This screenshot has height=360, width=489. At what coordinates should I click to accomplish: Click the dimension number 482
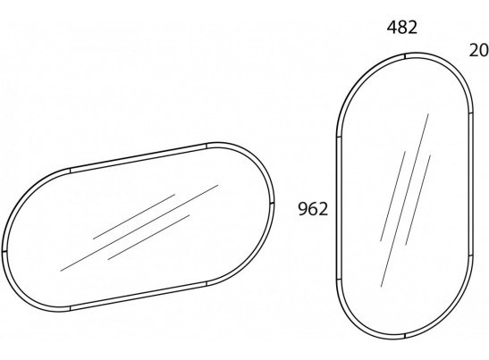click(402, 28)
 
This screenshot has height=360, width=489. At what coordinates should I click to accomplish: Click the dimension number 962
click(313, 209)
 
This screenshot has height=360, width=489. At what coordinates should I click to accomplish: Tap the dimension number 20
click(479, 50)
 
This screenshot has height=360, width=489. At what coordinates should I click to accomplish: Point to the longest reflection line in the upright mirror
click(404, 200)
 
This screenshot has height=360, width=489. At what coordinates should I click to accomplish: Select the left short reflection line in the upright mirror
click(392, 197)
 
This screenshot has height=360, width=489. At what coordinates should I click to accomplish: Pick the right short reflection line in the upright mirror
click(417, 200)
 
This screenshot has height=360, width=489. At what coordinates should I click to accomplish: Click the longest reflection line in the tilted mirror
click(139, 228)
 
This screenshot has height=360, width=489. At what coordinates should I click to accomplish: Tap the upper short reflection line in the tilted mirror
click(134, 216)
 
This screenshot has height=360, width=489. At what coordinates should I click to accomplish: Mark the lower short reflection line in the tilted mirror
click(148, 238)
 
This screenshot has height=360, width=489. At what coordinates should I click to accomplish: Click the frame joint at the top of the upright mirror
click(405, 56)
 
